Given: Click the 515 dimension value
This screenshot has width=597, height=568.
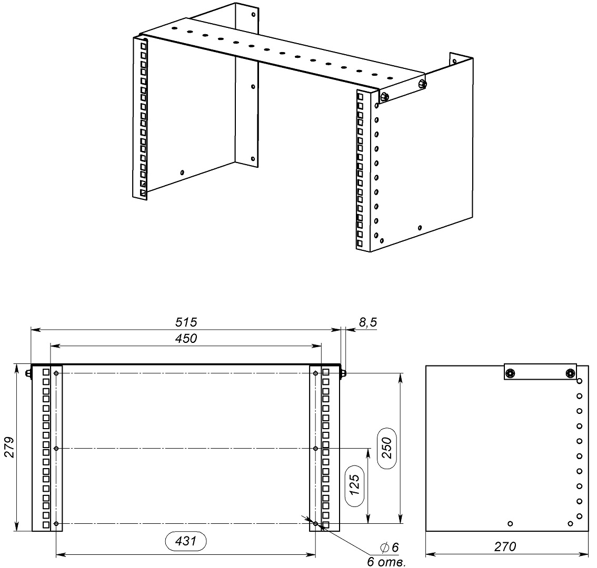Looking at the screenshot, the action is (x=186, y=322).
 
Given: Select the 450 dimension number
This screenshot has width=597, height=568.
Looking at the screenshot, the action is (x=186, y=338).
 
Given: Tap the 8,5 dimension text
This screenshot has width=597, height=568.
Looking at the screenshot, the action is (x=368, y=322).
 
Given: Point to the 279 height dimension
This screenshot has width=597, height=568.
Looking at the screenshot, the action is (x=9, y=448).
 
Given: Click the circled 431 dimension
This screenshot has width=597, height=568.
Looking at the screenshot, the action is (x=186, y=541).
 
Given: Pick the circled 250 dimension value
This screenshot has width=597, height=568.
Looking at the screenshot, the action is (x=386, y=448).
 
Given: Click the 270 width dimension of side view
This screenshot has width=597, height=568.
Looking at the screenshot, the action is (x=505, y=546).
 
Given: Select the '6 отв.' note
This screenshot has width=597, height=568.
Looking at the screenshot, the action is (x=386, y=562).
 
